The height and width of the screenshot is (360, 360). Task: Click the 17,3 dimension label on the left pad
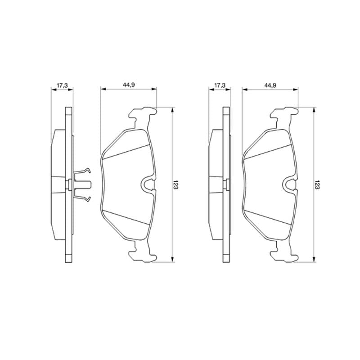62,85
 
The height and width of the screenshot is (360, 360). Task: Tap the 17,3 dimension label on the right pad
220,85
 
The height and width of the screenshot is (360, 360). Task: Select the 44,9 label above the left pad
129,85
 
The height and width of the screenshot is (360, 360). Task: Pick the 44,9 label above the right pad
270,85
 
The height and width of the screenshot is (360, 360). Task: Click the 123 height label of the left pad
176,184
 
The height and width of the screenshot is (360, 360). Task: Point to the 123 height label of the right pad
317,184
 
